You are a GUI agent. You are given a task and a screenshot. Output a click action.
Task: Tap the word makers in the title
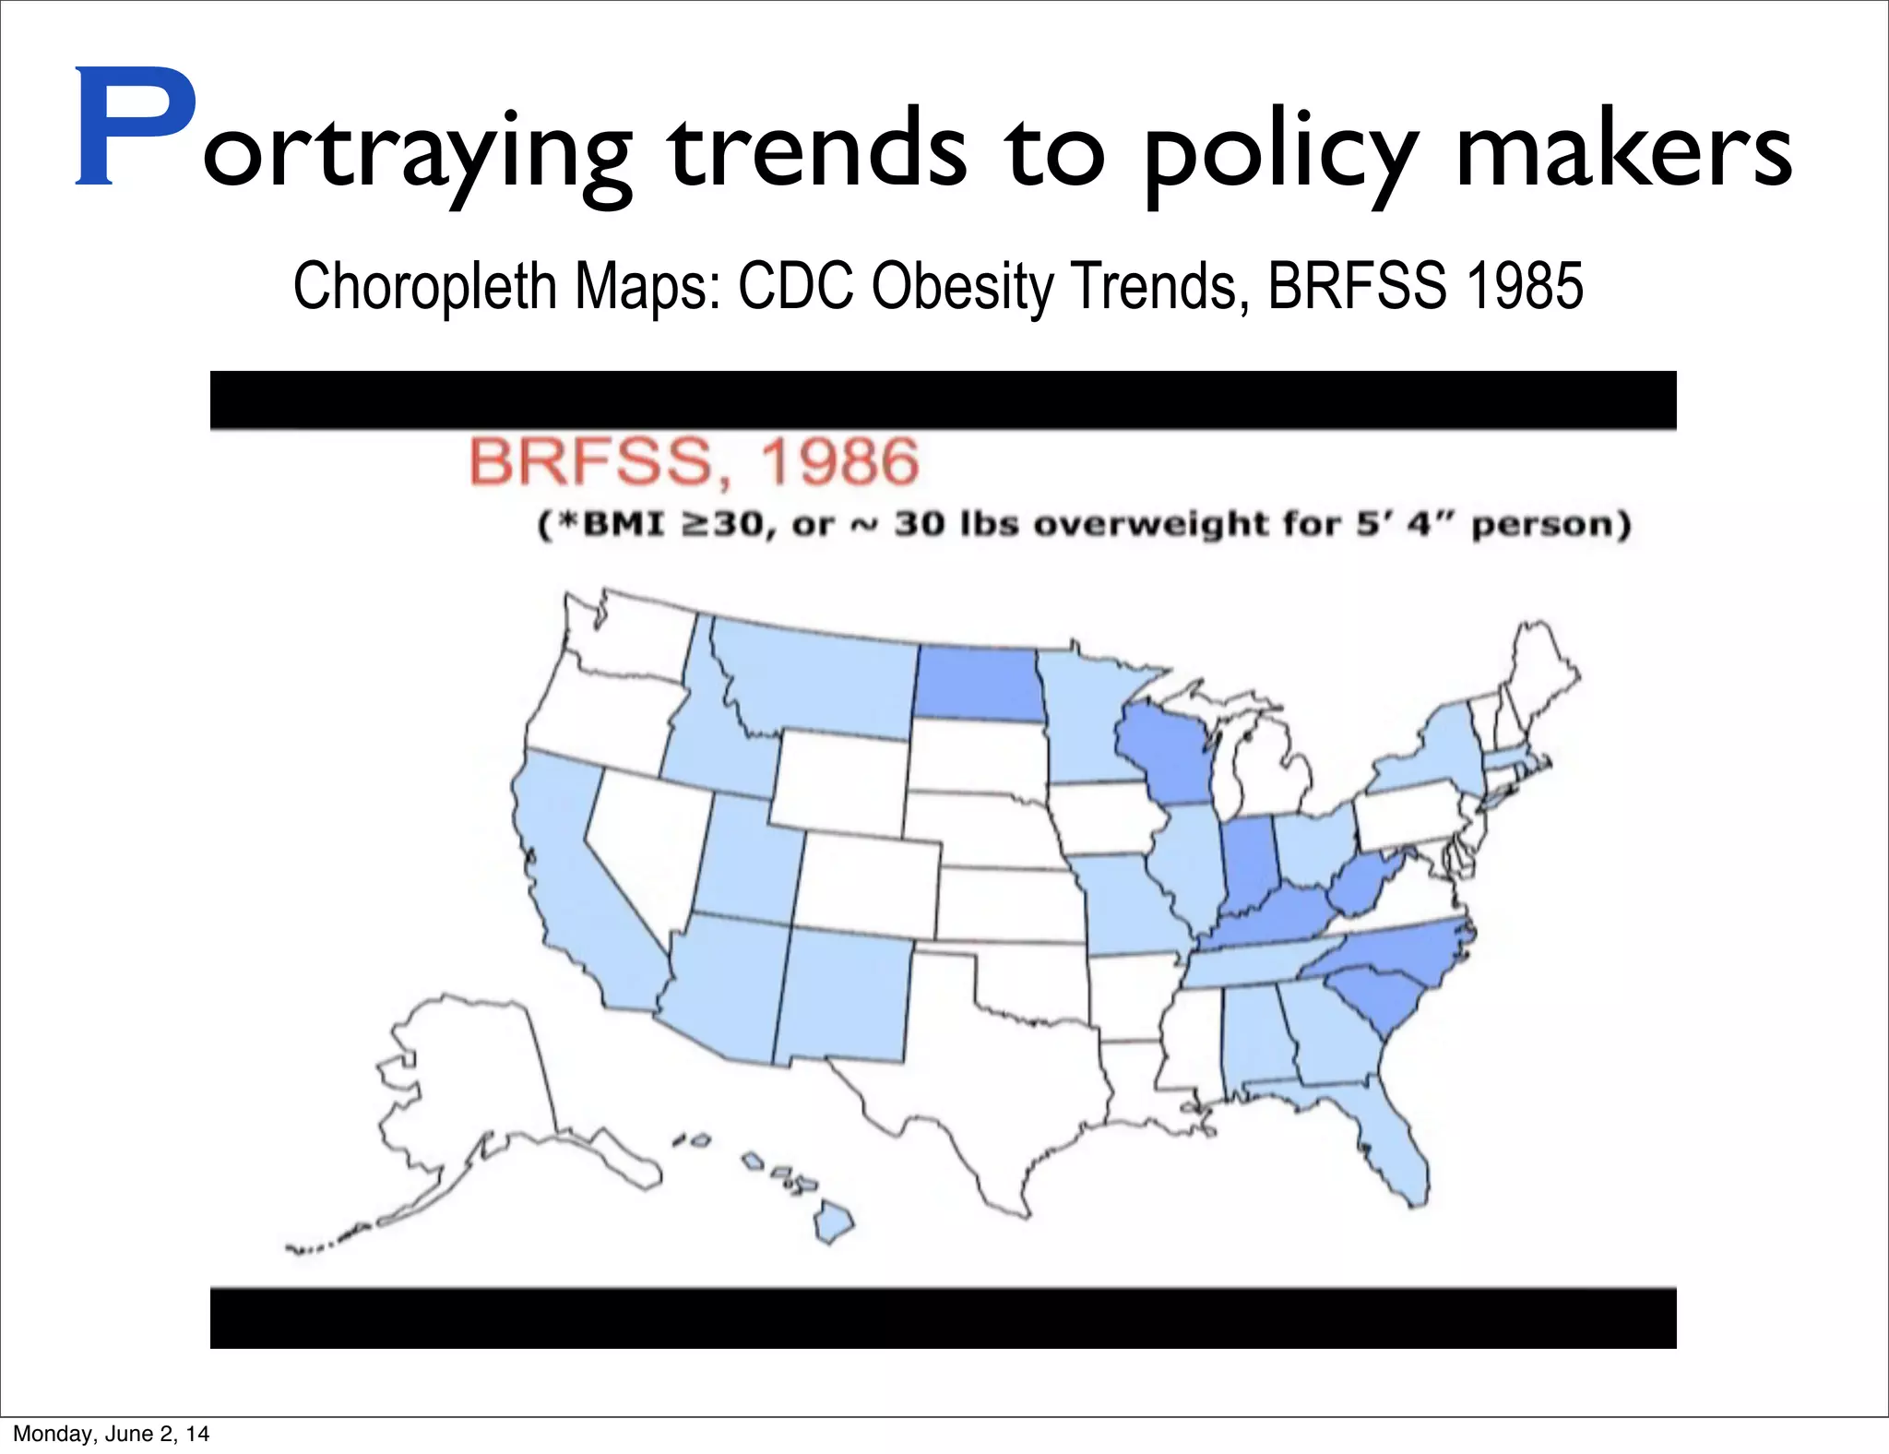point(1623,148)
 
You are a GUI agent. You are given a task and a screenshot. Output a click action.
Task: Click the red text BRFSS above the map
point(590,461)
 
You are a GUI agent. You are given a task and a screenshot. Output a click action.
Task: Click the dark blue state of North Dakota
point(979,683)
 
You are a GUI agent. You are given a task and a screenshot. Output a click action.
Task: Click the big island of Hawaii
point(833,1223)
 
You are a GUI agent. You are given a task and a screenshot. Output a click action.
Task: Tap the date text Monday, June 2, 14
point(111,1433)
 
